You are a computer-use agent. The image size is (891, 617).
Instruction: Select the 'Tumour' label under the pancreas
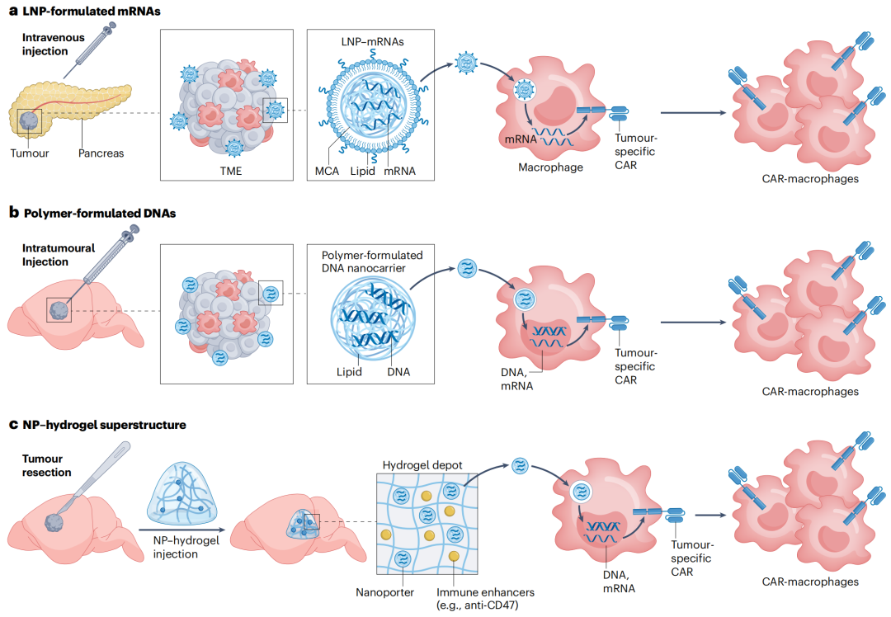[30, 153]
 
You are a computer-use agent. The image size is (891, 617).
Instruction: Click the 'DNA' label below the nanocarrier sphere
[398, 372]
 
